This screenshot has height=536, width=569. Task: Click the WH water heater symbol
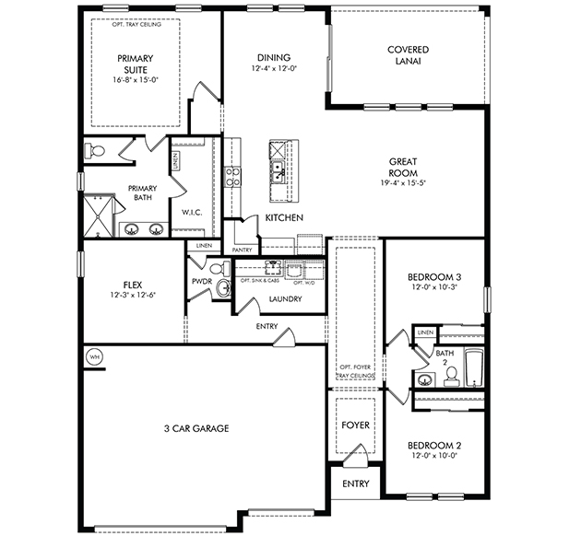94,357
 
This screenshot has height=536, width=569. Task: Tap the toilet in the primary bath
94,150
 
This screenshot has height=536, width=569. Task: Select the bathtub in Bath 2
474,367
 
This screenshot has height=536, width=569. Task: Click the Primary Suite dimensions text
136,80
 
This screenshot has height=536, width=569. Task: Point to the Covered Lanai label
408,55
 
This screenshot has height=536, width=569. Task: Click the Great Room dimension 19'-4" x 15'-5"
403,183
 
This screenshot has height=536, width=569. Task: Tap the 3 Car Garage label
196,428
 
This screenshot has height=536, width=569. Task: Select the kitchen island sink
279,171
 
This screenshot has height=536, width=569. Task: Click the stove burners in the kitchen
232,177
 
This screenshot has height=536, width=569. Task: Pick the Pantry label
242,251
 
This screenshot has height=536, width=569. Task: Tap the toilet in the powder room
219,269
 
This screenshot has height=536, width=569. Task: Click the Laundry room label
285,299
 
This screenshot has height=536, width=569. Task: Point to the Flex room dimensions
133,295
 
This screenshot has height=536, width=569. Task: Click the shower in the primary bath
99,216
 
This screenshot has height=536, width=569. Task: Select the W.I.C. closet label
192,213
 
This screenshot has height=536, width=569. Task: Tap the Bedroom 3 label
434,277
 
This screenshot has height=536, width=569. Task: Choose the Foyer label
356,425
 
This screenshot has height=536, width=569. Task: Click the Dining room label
274,58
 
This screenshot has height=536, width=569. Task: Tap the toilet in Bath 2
452,376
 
